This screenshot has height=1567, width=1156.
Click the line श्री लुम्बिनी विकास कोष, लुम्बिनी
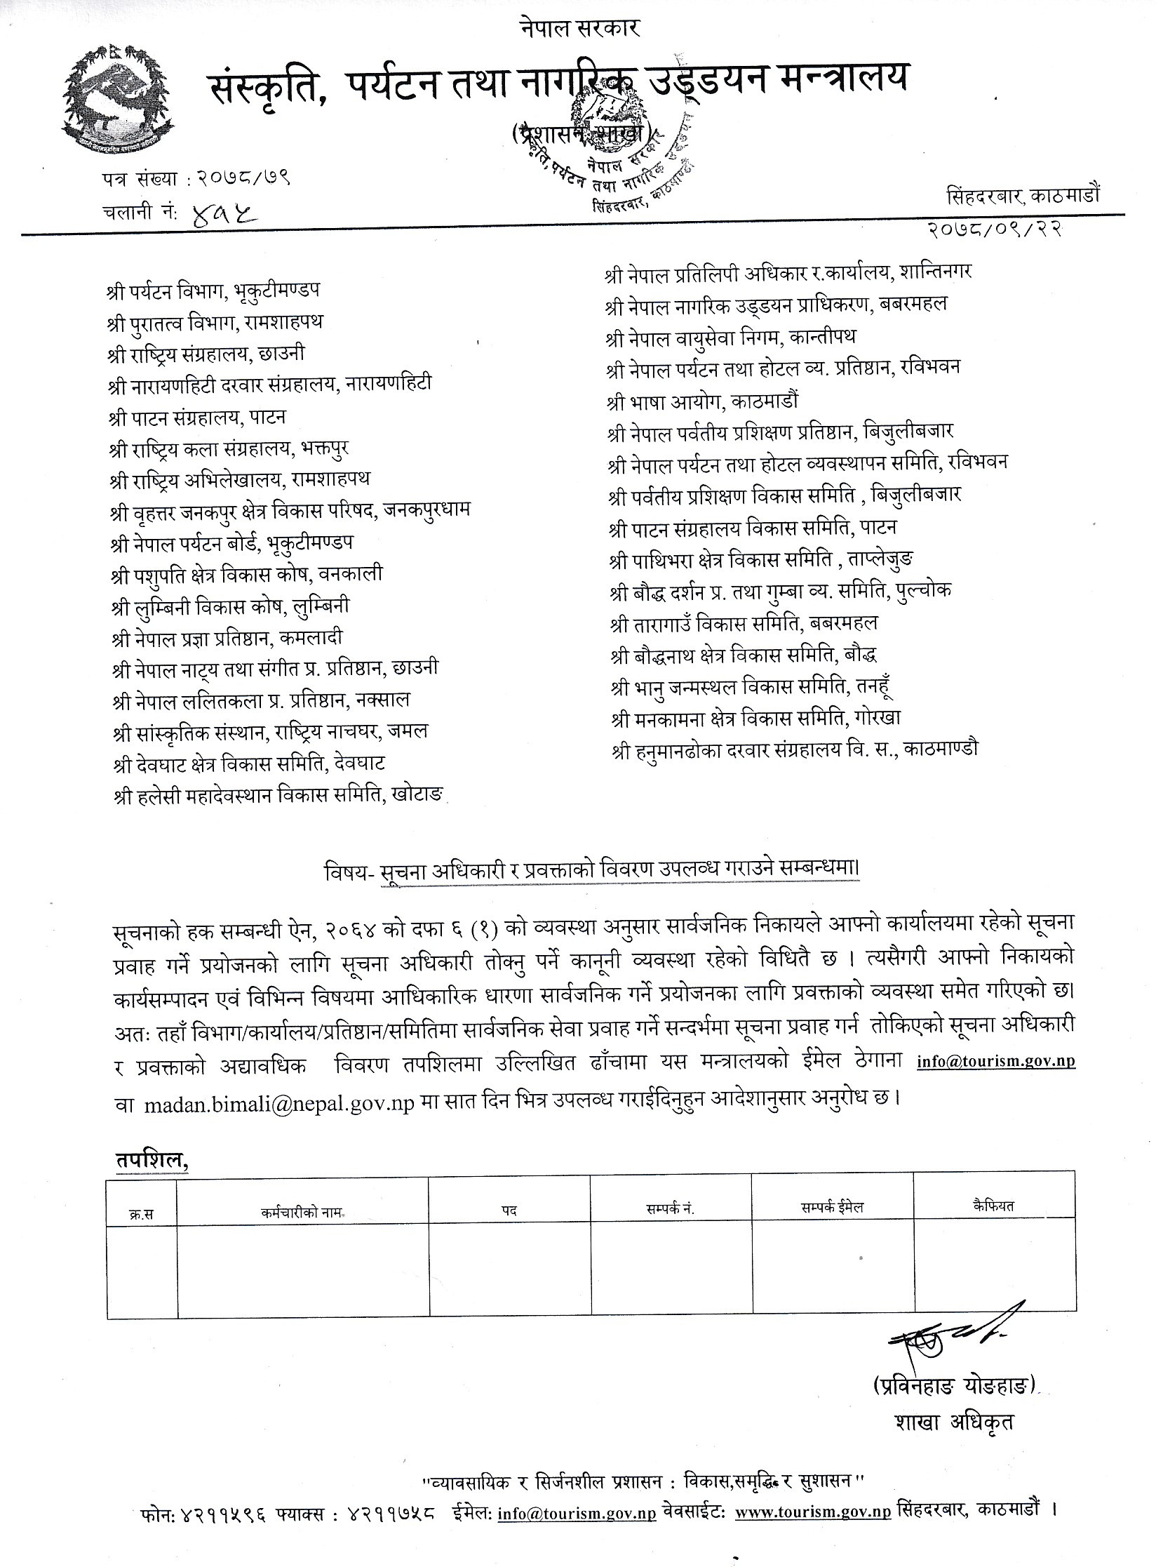(x=230, y=606)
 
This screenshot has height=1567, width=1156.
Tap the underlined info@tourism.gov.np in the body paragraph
(x=996, y=1062)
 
